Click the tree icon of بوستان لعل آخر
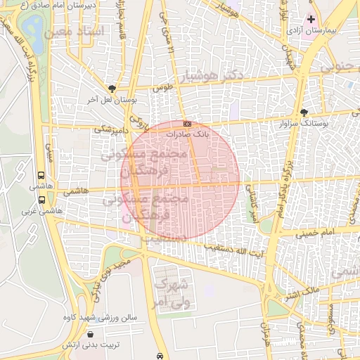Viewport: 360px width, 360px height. [112, 89]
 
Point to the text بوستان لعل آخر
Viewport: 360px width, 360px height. [111, 100]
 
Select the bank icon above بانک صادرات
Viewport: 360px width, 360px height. [186, 124]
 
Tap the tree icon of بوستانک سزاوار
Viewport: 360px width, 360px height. [304, 112]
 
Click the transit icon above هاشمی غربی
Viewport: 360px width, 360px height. [40, 198]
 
